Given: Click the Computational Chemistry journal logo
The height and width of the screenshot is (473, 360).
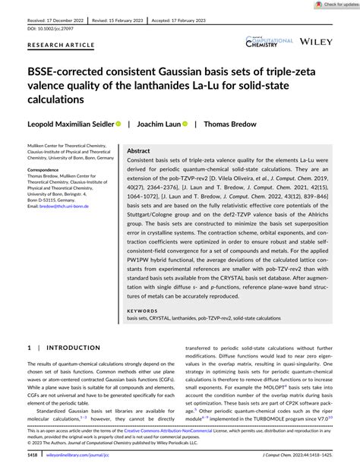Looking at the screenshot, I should click(x=269, y=43).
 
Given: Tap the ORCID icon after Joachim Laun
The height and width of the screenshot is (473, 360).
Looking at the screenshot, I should click(x=185, y=123).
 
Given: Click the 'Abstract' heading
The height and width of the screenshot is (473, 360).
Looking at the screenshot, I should click(x=138, y=151).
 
